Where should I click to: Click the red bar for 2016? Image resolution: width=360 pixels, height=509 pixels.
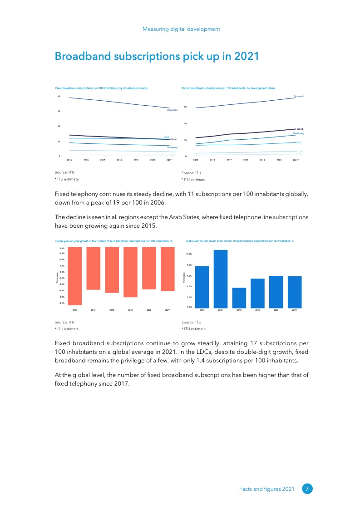pos(75,276)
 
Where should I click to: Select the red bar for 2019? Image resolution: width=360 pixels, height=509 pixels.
pos(130,272)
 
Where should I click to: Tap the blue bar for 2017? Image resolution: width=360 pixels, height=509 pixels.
pos(220,279)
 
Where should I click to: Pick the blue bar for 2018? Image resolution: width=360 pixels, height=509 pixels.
pos(239,298)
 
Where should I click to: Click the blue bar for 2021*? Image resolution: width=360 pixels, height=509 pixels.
pos(294,292)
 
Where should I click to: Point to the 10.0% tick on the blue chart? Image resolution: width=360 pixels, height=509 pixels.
pos(189,254)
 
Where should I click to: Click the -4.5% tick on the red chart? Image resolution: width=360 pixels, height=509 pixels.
pos(62,303)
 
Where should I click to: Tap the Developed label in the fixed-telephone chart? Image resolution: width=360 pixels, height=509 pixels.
pos(173,110)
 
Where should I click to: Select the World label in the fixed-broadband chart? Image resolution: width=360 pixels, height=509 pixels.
pos(300,129)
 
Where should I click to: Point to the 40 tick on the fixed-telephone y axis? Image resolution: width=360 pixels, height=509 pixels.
pos(59,96)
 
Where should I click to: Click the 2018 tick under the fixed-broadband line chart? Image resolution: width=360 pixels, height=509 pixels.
pos(246,160)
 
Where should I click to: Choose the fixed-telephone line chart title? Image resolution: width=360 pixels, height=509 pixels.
pos(101,88)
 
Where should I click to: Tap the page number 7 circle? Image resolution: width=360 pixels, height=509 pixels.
pos(307,489)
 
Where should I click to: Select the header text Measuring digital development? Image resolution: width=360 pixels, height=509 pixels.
pos(181,29)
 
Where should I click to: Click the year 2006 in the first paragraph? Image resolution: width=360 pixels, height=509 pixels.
pos(149,202)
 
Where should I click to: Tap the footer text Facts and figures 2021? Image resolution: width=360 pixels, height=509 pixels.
pos(267,489)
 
